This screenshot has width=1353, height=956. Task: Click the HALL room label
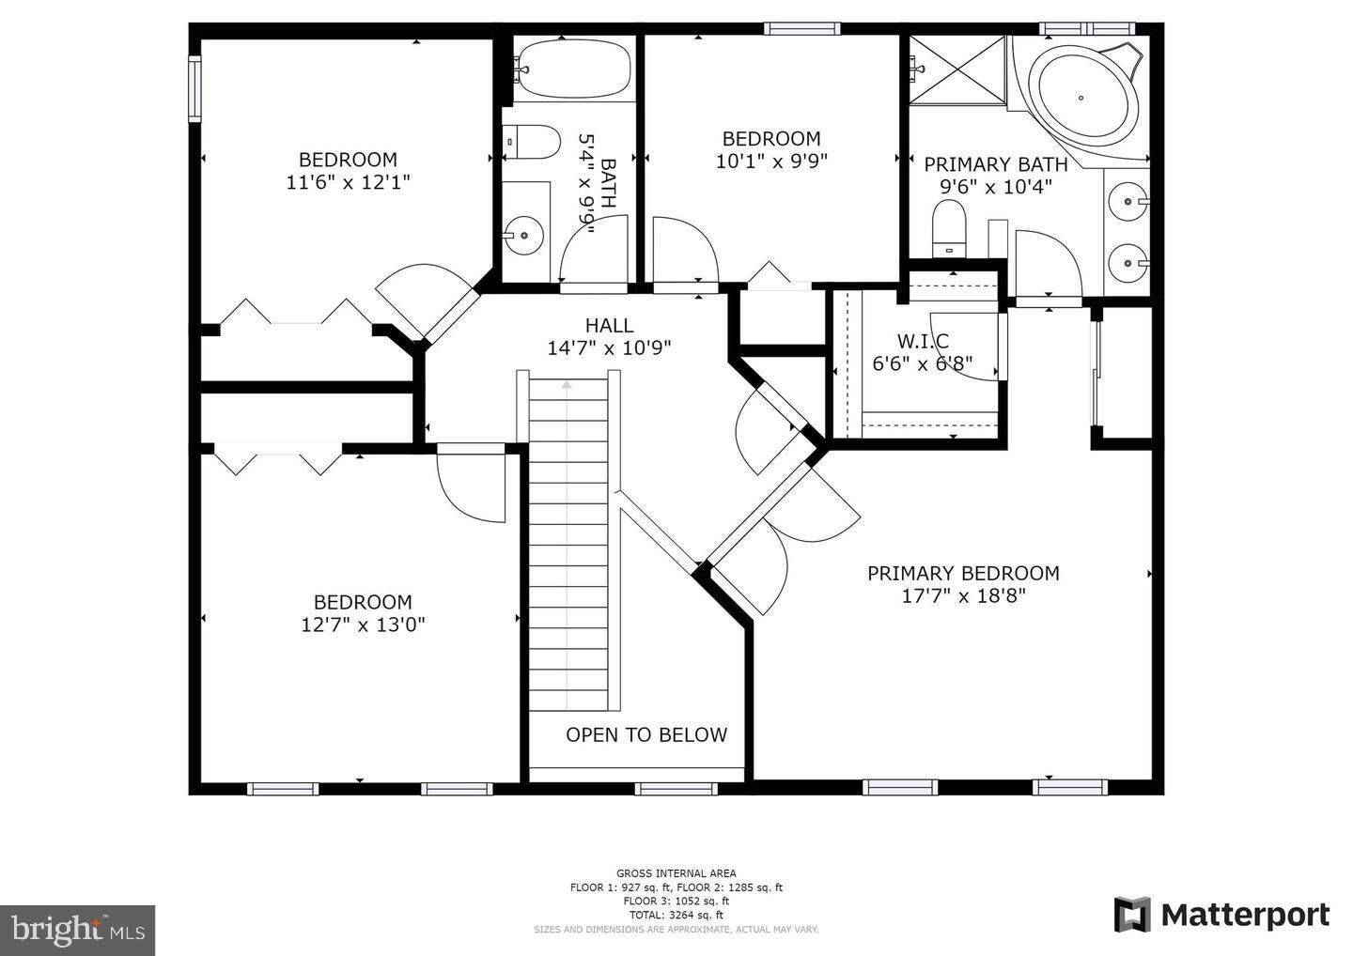(609, 326)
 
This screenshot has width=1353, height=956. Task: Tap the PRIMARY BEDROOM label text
(963, 574)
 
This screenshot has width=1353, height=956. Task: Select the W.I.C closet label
(923, 341)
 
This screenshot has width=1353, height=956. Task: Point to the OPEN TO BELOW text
(646, 734)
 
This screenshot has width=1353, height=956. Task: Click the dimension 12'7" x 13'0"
(363, 624)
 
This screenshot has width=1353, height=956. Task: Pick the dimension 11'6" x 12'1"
(348, 182)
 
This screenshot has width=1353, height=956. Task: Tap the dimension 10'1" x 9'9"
(771, 162)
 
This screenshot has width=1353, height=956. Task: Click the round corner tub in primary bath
(1081, 98)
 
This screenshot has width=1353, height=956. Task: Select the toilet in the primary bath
(949, 229)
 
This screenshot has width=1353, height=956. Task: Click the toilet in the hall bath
(532, 143)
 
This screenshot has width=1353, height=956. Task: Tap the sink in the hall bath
(524, 235)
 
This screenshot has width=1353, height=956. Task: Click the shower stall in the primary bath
(958, 70)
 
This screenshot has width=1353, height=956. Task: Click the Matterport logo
(1221, 915)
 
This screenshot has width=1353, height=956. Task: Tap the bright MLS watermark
(77, 930)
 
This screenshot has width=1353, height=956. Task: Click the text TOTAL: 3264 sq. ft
(676, 915)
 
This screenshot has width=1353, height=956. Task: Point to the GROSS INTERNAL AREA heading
(676, 873)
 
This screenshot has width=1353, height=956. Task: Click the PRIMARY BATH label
(996, 164)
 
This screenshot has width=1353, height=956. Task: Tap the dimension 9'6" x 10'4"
(996, 187)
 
